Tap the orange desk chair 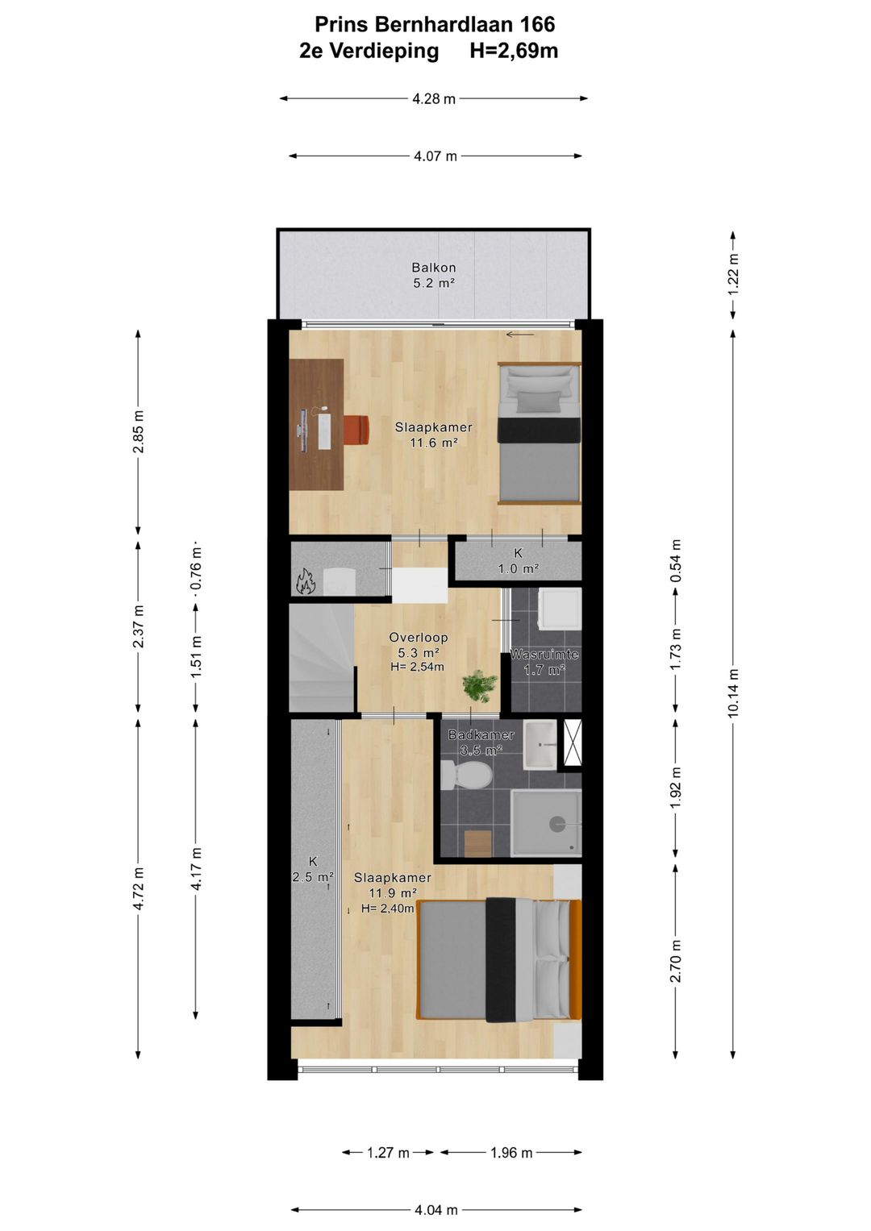356,428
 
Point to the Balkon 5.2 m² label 434,276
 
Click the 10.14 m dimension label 732,692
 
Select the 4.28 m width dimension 434,99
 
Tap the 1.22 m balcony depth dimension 732,274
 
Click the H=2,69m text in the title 514,51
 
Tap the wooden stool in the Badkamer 477,843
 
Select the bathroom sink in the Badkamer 540,745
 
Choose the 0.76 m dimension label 196,571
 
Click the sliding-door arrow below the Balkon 520,334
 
